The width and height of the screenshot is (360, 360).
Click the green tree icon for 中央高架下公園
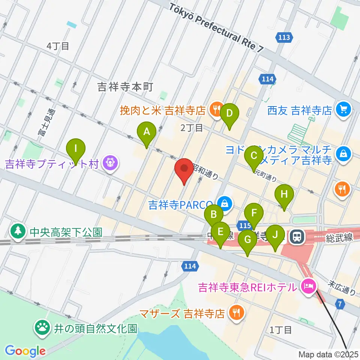pos(17,231)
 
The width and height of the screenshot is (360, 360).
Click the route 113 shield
pos(284,37)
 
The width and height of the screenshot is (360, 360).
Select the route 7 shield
pos(340,304)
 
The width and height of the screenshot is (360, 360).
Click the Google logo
pos(25,351)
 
